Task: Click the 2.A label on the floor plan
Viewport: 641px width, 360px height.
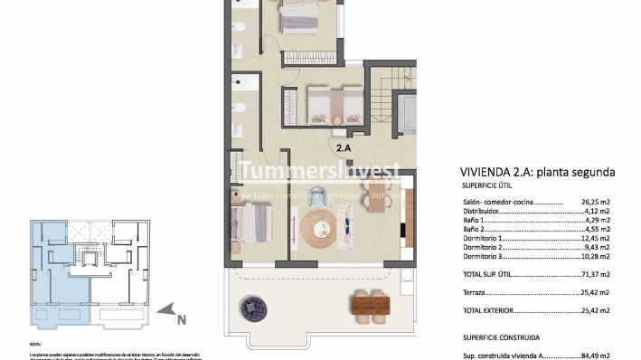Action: pyautogui.click(x=344, y=146)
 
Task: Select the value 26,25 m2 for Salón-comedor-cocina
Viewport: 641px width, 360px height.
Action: pyautogui.click(x=596, y=204)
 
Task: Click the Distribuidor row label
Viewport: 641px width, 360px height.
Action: pyautogui.click(x=485, y=213)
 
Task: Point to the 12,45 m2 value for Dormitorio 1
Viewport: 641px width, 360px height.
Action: pyautogui.click(x=596, y=238)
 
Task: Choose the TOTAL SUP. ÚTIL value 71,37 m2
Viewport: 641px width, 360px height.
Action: pyautogui.click(x=596, y=273)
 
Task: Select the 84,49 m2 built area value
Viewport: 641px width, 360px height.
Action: pyautogui.click(x=596, y=355)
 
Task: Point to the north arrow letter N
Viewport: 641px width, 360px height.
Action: pyautogui.click(x=181, y=317)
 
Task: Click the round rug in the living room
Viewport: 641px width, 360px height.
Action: pyautogui.click(x=317, y=227)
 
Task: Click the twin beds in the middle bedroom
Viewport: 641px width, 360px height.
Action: pyautogui.click(x=324, y=105)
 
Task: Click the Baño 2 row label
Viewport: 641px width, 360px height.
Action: pyautogui.click(x=476, y=230)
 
